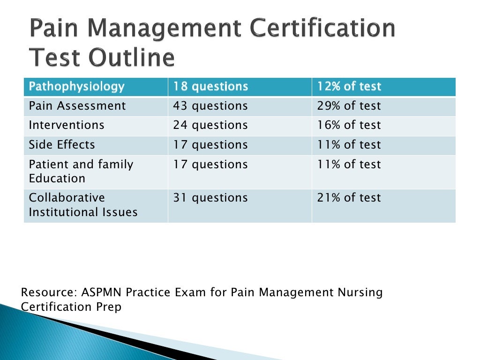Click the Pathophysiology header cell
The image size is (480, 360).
coord(77,87)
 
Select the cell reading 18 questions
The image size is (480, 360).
coord(210,87)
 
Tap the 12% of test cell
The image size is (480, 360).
coord(349,87)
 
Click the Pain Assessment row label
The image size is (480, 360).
coord(77,106)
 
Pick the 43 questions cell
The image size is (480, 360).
coord(210,106)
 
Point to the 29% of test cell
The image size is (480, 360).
coord(349,106)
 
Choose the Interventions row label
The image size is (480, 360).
coord(67,126)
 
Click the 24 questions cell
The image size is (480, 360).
coord(210,126)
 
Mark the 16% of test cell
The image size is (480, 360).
coord(349,126)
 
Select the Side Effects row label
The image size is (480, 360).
coord(62,145)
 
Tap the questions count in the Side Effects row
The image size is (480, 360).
coord(210,145)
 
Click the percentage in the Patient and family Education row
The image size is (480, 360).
coord(349,165)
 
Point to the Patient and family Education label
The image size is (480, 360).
coord(81,172)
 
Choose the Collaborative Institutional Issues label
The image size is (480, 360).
coord(83,205)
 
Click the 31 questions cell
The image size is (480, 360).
coord(210,198)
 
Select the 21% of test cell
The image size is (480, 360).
coord(349,198)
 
